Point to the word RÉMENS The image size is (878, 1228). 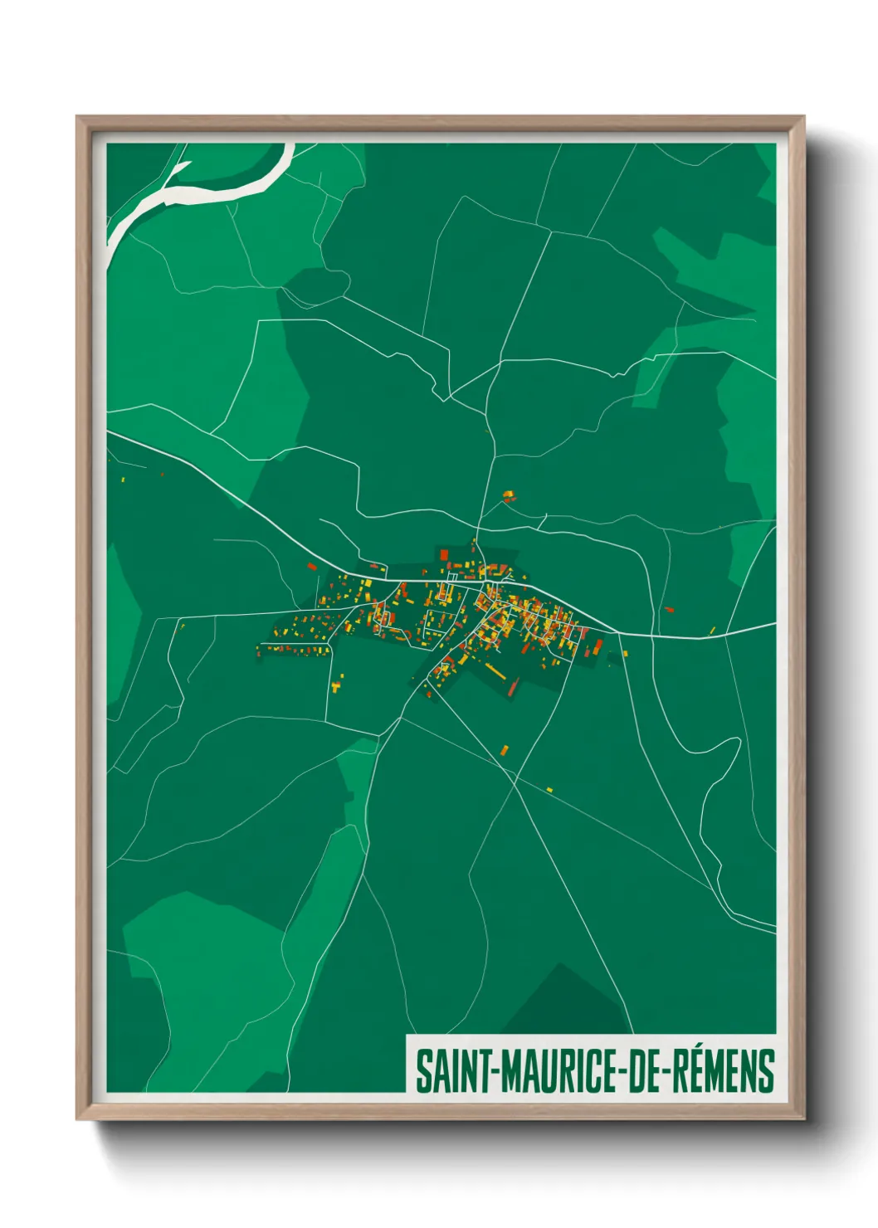(x=722, y=1071)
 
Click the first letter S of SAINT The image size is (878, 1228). (x=422, y=1071)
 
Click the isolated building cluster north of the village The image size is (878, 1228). (x=508, y=497)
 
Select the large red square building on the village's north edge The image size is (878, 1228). (x=444, y=554)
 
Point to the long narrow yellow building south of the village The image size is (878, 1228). (x=495, y=670)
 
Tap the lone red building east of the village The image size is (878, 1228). (x=669, y=610)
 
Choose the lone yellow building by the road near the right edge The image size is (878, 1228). (x=712, y=631)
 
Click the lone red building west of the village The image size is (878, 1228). (x=312, y=567)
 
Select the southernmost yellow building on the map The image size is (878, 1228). (x=549, y=789)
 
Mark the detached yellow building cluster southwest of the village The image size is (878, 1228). (x=336, y=685)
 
